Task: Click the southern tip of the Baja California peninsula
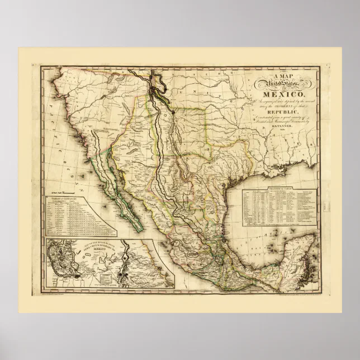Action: point(138,227)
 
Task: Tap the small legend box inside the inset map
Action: point(106,276)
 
